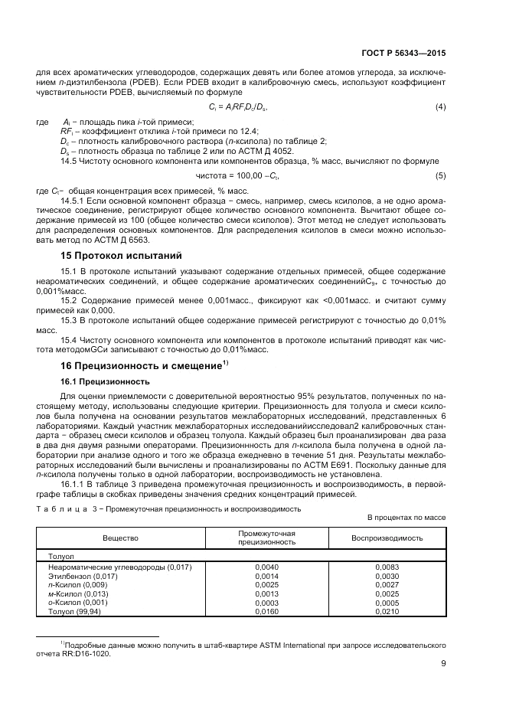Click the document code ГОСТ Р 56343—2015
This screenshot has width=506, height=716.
[x=403, y=54]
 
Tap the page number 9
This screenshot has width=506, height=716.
[x=443, y=664]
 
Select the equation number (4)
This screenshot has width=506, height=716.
[x=440, y=106]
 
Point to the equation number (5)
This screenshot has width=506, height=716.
[x=440, y=177]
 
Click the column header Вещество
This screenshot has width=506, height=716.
[x=120, y=538]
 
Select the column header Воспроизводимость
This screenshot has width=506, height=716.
[x=387, y=538]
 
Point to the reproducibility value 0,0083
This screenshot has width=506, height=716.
[x=387, y=567]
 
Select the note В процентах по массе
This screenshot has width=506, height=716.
[x=406, y=517]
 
